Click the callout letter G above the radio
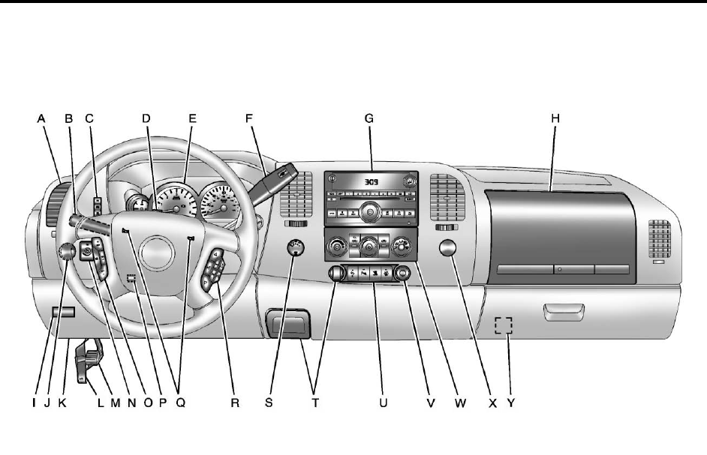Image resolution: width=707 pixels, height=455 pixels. pyautogui.click(x=369, y=118)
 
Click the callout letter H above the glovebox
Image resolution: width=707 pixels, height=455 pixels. pyautogui.click(x=555, y=118)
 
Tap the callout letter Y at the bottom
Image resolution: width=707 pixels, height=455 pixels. pyautogui.click(x=510, y=403)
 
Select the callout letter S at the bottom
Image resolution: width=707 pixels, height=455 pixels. pyautogui.click(x=269, y=403)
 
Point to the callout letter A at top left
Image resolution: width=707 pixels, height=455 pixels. pyautogui.click(x=41, y=118)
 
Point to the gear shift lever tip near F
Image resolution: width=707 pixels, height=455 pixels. pyautogui.click(x=281, y=171)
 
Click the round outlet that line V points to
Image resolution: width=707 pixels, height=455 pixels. pyautogui.click(x=403, y=274)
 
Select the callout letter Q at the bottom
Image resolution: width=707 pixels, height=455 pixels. pyautogui.click(x=180, y=403)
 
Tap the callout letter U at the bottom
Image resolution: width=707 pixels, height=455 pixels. pyautogui.click(x=383, y=403)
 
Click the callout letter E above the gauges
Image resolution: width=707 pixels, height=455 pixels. pyautogui.click(x=192, y=118)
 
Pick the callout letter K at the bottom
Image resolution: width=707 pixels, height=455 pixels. pyautogui.click(x=62, y=403)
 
